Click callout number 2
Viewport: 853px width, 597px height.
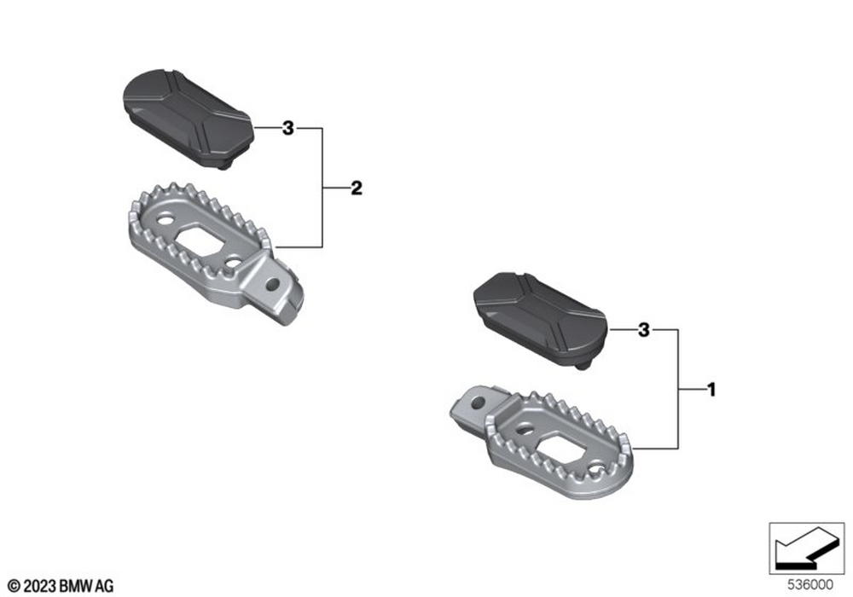pyautogui.click(x=357, y=188)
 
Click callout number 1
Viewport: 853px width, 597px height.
pyautogui.click(x=711, y=389)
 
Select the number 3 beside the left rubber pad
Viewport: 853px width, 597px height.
pyautogui.click(x=287, y=128)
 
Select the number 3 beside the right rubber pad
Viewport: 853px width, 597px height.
pyautogui.click(x=643, y=329)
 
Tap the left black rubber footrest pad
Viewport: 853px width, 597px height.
pyautogui.click(x=189, y=118)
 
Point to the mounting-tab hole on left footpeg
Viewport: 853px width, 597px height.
pyautogui.click(x=273, y=283)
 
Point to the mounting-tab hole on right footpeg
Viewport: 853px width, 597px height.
pyautogui.click(x=478, y=403)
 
